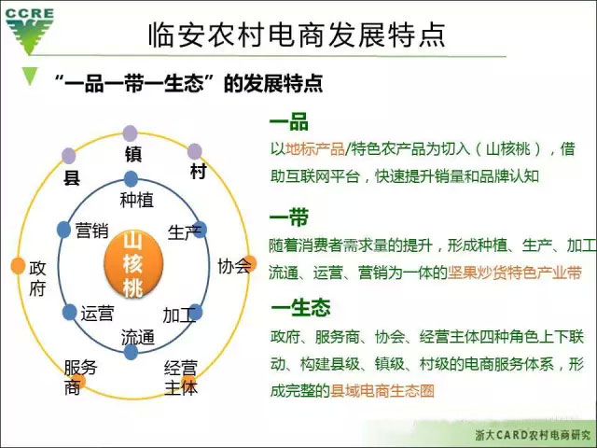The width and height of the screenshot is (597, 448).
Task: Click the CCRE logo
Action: [x=29, y=31]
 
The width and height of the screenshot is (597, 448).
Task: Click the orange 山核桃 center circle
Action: [x=133, y=263]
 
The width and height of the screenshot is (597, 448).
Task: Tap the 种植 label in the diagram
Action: [x=137, y=200]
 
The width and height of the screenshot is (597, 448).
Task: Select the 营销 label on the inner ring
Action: [x=91, y=231]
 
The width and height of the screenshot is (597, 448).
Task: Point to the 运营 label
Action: [x=97, y=314]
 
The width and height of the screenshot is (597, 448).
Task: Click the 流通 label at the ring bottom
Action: [x=138, y=337]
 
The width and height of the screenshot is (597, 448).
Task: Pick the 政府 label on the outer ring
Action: [x=37, y=278]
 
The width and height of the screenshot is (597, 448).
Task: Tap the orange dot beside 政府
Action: [x=18, y=265]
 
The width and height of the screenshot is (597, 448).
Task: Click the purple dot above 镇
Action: [x=131, y=133]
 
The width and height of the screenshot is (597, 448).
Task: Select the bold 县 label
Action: [x=72, y=177]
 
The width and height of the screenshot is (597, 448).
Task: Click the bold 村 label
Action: [x=199, y=171]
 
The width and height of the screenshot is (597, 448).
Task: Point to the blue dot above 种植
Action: [x=131, y=178]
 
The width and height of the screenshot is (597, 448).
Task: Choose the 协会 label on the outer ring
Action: [x=234, y=266]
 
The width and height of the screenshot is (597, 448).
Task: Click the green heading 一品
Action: [x=289, y=121]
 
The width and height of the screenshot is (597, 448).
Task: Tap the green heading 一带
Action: [x=289, y=217]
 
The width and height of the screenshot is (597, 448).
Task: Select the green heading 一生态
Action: [x=300, y=307]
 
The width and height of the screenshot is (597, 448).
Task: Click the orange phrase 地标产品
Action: [x=315, y=149]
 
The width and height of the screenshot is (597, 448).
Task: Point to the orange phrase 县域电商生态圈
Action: [x=382, y=391]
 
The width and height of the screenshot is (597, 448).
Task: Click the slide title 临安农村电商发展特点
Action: [x=297, y=35]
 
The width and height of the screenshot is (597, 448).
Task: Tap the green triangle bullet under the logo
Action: [x=30, y=76]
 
